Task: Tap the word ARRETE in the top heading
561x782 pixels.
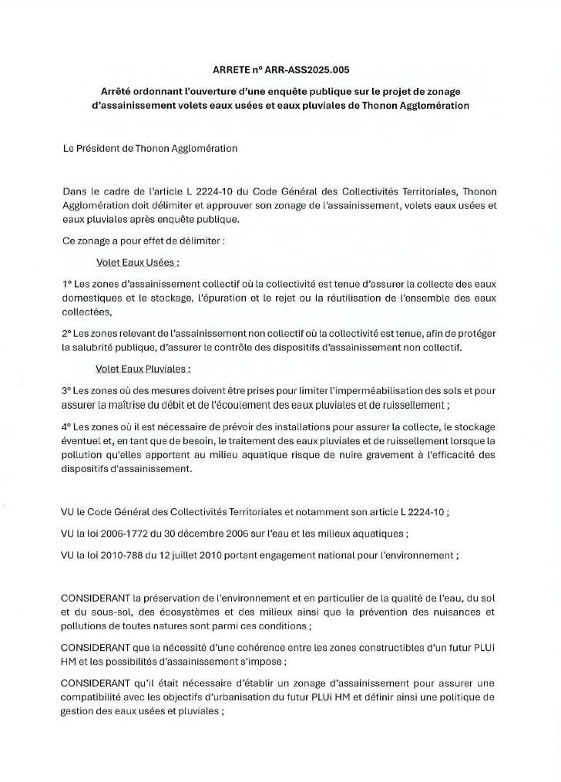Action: coord(229,70)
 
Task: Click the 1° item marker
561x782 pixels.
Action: coord(66,285)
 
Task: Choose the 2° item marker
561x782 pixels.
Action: coord(67,334)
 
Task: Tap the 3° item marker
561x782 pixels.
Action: coord(67,391)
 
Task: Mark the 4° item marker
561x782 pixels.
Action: coord(67,426)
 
